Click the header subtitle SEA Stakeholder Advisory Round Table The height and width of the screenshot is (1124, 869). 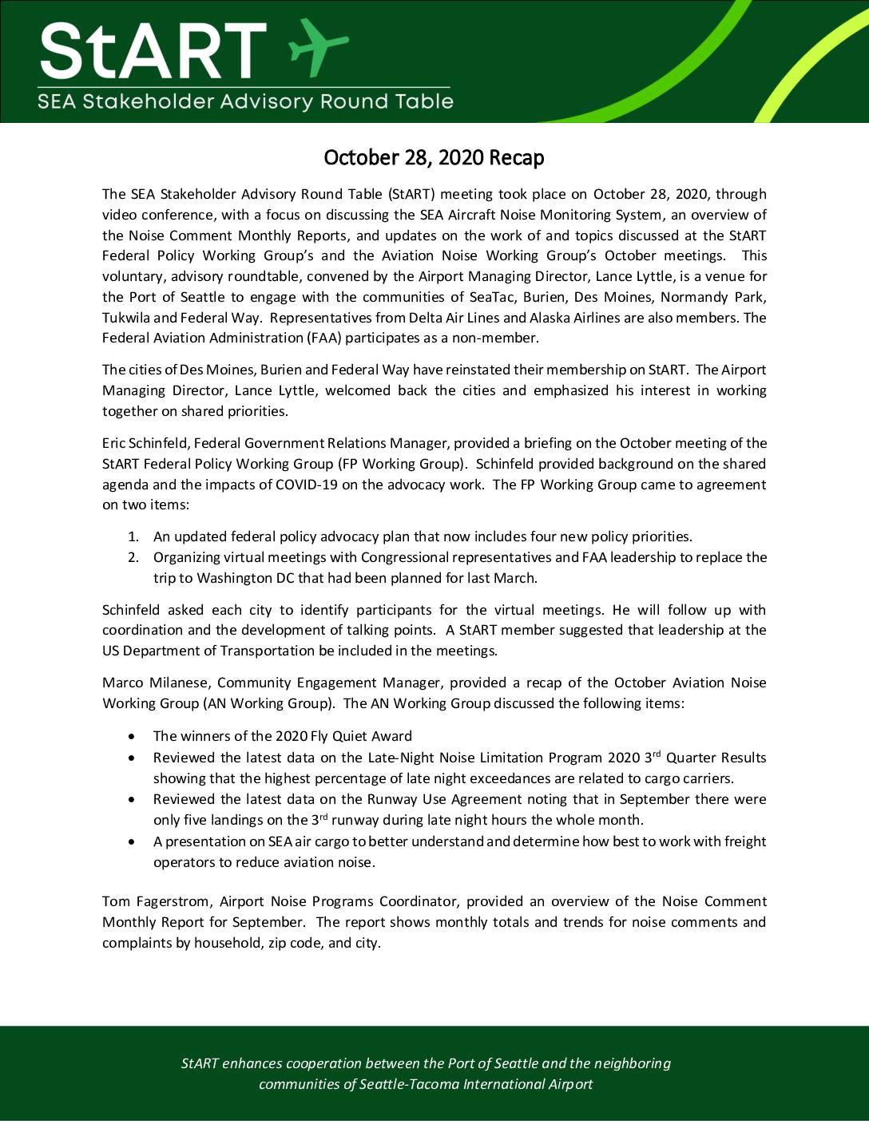tap(245, 102)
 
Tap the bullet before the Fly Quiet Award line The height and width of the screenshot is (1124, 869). tap(132, 737)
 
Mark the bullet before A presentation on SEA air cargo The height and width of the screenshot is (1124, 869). tap(132, 842)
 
